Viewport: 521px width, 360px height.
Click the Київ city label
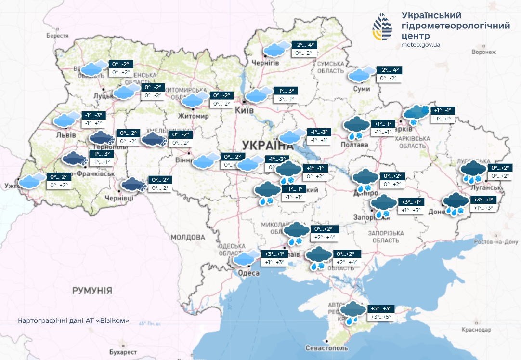[x=245, y=110]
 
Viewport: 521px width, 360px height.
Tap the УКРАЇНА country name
[x=267, y=145]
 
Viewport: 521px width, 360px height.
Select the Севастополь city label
[x=326, y=348]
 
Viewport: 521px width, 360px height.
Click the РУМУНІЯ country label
[x=92, y=291]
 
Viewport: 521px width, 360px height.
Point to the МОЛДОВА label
[x=188, y=238]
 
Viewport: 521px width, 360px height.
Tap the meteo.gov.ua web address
[x=420, y=45]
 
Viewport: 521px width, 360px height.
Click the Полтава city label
[x=354, y=145]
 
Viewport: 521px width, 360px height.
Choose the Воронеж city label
[x=484, y=52]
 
